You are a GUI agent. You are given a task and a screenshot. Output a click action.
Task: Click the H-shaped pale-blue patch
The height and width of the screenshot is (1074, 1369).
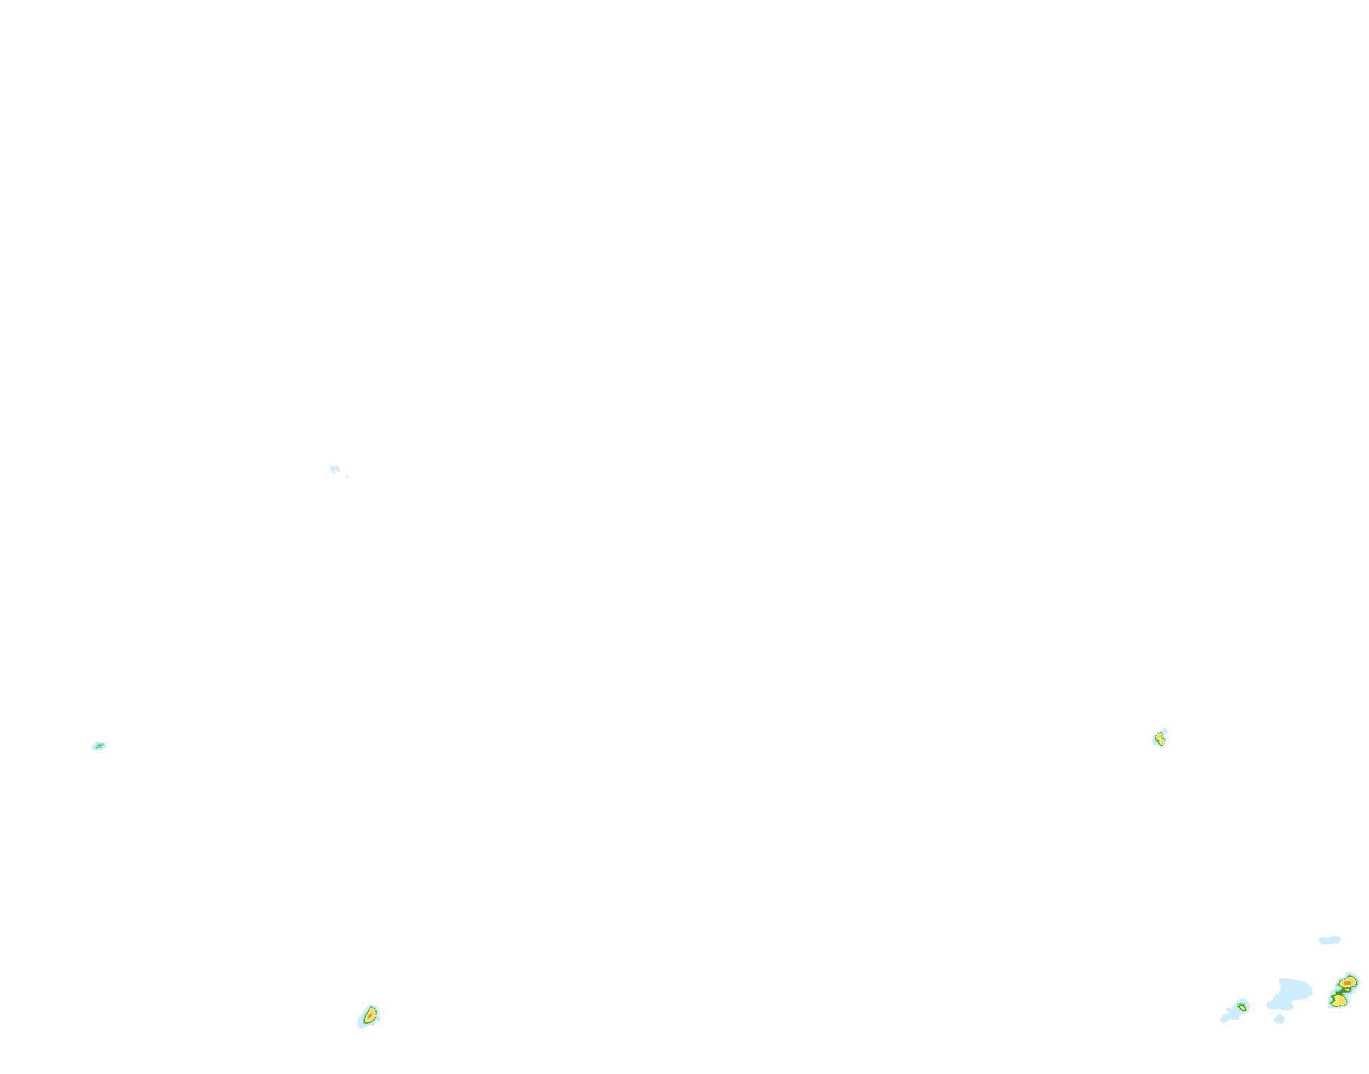click(335, 469)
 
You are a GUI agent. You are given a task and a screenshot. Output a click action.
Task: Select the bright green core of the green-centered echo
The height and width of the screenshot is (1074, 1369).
click(100, 746)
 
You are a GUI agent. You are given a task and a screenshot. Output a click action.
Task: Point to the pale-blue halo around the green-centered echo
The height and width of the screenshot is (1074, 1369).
click(94, 747)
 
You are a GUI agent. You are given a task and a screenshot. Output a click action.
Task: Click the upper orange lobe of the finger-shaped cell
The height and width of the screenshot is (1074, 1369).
click(1159, 736)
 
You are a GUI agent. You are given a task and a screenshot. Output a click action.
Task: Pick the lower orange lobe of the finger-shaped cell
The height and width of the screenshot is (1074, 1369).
click(1162, 742)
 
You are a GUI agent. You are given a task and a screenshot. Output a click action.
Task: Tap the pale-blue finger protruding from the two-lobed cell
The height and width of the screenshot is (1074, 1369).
click(1165, 731)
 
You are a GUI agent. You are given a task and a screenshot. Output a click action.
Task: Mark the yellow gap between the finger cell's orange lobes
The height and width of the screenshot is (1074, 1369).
click(1161, 739)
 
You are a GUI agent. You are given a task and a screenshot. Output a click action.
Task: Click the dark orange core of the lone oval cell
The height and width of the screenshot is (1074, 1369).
click(370, 1016)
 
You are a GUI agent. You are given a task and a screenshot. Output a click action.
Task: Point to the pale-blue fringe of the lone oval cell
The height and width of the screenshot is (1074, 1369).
click(361, 1023)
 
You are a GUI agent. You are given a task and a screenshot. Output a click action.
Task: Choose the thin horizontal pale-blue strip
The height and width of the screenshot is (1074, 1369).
click(1329, 940)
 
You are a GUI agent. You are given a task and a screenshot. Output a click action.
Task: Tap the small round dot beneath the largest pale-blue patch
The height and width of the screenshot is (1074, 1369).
click(1279, 1019)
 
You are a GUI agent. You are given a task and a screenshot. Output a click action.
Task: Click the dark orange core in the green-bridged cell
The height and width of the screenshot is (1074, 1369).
click(1348, 983)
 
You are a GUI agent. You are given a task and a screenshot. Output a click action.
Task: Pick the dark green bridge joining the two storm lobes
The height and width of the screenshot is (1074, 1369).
click(1339, 992)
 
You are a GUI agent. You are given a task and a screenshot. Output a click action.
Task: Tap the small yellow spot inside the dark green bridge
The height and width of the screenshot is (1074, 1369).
click(1347, 990)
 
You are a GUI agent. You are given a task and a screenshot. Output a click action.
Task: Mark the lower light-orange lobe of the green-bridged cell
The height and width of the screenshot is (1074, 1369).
click(1340, 1001)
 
